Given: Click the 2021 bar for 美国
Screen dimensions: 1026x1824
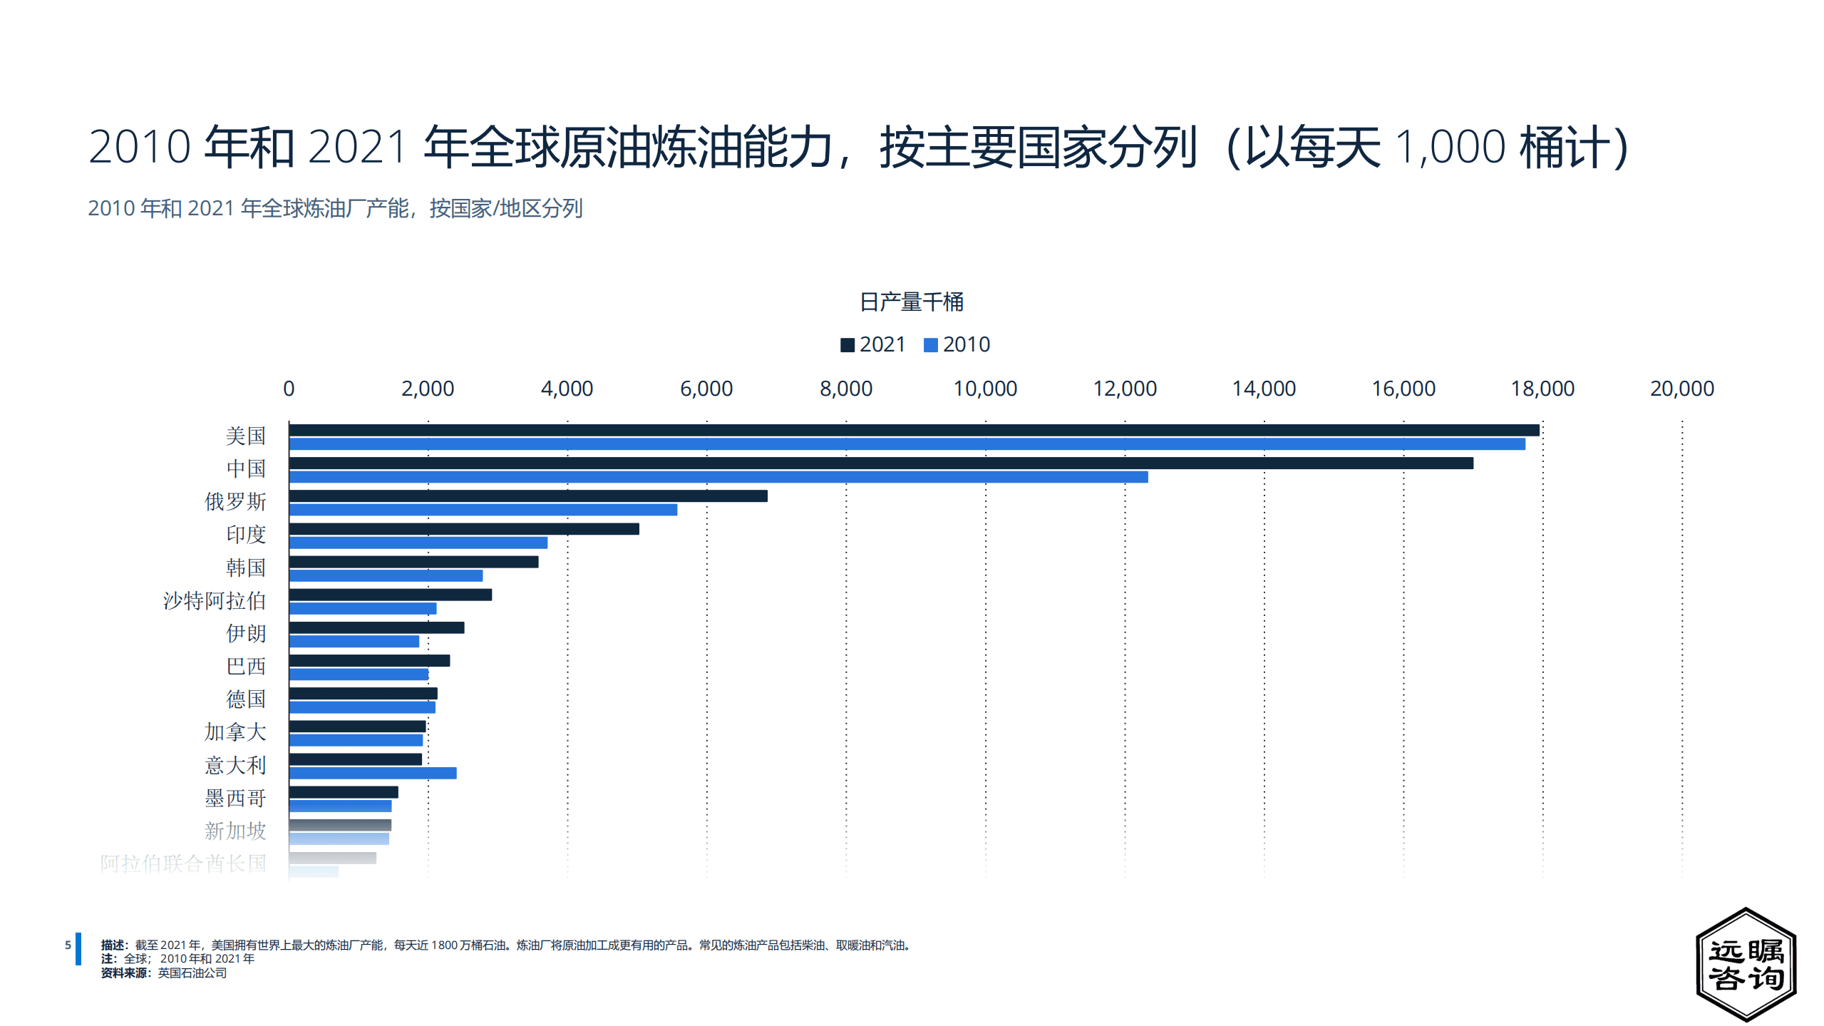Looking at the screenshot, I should pos(914,430).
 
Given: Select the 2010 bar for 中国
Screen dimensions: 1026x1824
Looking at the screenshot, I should pos(718,477).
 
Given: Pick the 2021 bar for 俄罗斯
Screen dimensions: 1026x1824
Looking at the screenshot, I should pos(528,496).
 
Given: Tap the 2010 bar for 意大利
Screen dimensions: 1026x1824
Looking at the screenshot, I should pos(373,773).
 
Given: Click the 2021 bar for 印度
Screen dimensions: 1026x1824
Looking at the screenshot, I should pos(464,529).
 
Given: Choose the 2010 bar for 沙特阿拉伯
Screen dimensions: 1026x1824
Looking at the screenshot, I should pos(363,608).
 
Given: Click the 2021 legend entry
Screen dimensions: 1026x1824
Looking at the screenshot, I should pos(873,344).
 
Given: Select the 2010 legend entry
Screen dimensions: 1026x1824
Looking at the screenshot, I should pos(957,344).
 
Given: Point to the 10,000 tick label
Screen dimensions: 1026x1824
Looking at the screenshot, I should pos(985,389).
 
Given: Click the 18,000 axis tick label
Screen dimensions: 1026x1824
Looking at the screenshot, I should pos(1542,389).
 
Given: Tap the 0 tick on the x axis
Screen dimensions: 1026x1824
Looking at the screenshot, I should pos(289,389).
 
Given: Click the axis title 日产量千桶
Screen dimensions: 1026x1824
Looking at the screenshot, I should pos(912,302).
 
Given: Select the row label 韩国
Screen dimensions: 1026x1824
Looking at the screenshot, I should pos(246,568).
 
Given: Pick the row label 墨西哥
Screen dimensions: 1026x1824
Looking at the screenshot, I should pos(235,798).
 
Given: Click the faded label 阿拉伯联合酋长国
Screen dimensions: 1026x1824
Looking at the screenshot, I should pos(183,863).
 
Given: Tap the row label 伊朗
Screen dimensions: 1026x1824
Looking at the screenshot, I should pos(246,633).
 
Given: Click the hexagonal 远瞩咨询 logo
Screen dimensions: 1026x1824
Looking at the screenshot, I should pos(1746,964).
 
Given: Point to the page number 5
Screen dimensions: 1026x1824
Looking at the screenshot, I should pos(68,945).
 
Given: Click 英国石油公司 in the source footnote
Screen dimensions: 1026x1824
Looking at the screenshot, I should pos(192,973).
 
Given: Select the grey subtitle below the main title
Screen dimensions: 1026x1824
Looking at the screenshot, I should pos(335,208).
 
